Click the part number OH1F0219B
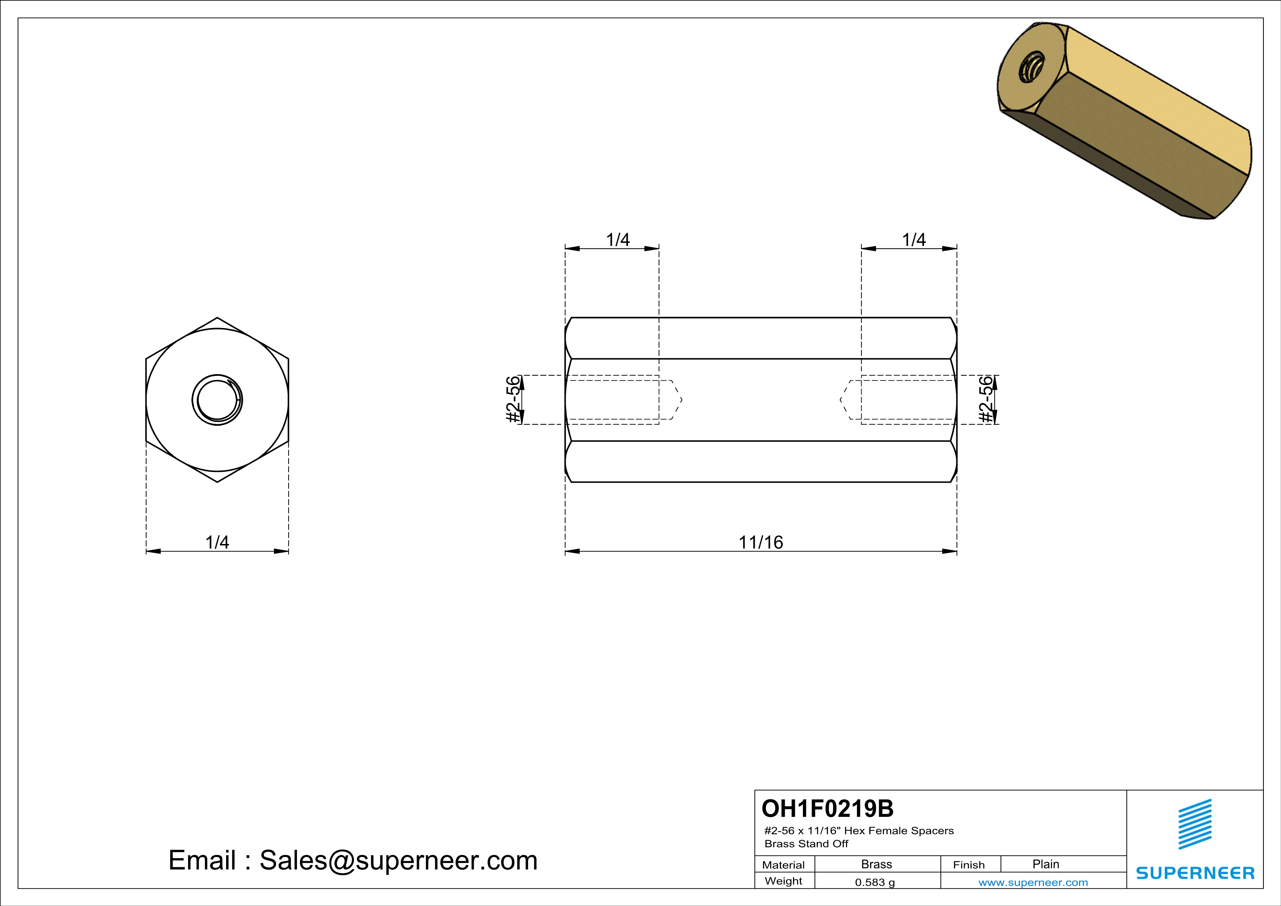coord(827,808)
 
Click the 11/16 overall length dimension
coord(760,542)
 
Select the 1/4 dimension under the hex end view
coord(217,542)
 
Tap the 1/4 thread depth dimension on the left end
coord(618,240)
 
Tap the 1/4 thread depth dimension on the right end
coord(914,240)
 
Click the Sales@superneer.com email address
coord(399,860)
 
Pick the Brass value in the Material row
coord(877,864)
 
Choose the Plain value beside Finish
coord(1045,864)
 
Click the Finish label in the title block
coord(969,865)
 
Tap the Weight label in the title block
coord(784,881)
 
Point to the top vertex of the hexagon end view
coord(217,318)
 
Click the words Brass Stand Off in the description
coord(806,844)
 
